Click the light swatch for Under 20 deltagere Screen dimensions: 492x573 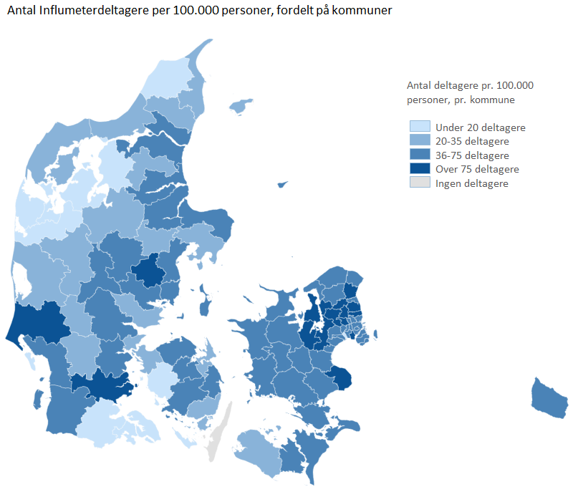[x=419, y=127]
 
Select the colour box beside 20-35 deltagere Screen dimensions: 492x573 [x=419, y=141]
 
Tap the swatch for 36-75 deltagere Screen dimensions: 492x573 [x=419, y=155]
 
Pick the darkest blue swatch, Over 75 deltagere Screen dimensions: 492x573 [x=419, y=169]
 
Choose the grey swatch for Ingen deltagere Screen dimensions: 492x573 [x=419, y=183]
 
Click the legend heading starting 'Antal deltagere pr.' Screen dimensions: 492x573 [x=470, y=85]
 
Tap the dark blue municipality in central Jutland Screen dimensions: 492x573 [x=150, y=271]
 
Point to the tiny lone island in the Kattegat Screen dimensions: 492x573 [x=282, y=184]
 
